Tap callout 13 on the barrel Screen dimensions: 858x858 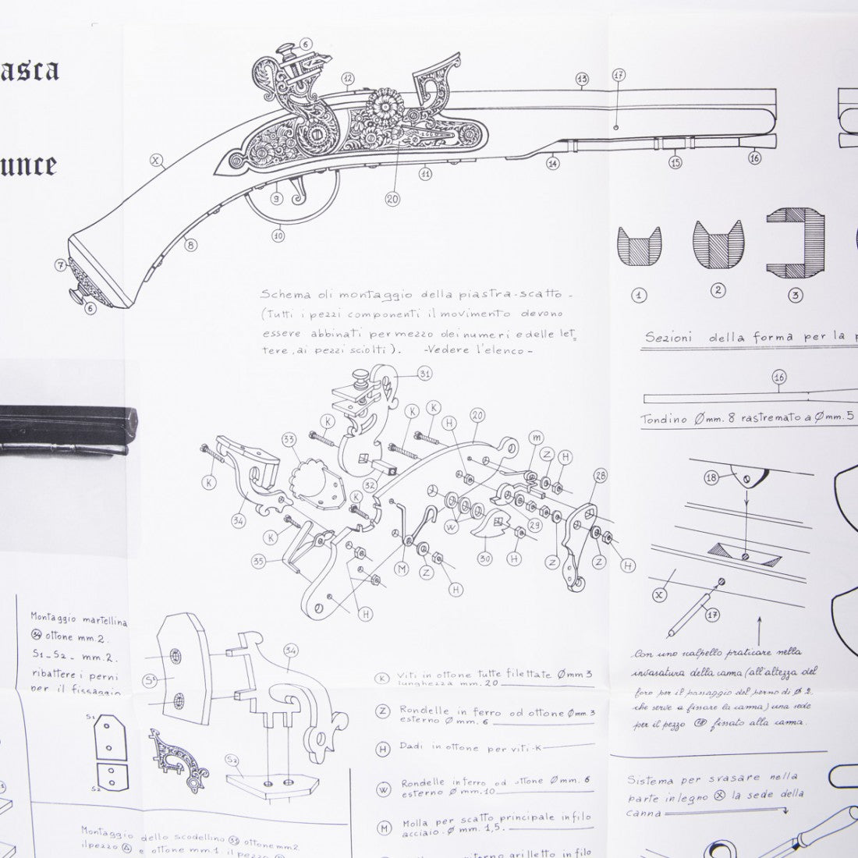point(582,78)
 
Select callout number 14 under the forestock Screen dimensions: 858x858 point(553,164)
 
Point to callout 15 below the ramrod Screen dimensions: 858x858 point(675,162)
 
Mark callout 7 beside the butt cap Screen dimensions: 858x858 point(60,264)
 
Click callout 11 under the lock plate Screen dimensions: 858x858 point(425,174)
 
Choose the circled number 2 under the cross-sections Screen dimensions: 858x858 point(718,290)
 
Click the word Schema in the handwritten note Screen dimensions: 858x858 point(282,296)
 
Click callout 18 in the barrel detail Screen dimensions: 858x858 point(711,477)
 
